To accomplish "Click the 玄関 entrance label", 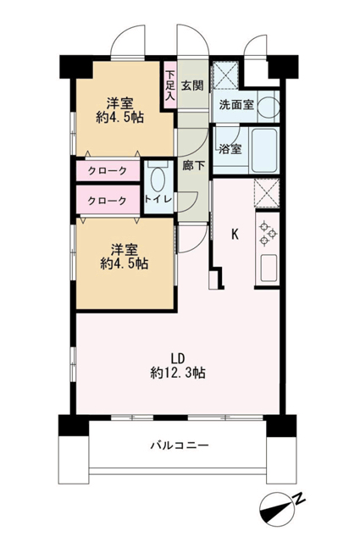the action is pos(192,85).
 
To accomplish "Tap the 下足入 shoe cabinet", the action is pos(169,86).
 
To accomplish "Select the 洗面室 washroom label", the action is pos(236,105).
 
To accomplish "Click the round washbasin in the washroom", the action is pos(269,107).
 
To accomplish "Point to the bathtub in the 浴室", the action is pos(264,150).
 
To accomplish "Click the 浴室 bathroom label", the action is pos(230,149).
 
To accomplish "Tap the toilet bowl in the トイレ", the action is pos(158,179).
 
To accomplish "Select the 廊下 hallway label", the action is pos(193,166).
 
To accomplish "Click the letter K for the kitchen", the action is pos(235,235).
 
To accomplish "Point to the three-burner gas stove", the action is pos(268,234).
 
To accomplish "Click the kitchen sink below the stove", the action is pos(269,268).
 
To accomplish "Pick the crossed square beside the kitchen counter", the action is pos(267,193).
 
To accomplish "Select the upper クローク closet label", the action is pos(108,170).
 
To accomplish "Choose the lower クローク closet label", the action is pos(108,201).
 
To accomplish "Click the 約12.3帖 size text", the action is pos(178,373).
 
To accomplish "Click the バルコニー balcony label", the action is pos(180,445).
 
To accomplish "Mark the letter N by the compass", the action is pos(299,499).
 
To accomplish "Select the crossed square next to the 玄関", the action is pos(224,75).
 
